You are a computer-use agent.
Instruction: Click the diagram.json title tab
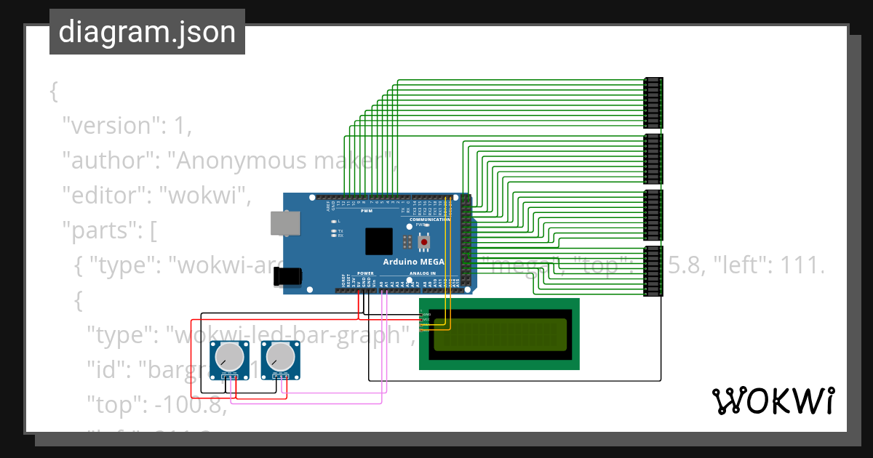(x=147, y=32)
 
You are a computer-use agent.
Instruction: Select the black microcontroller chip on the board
(x=379, y=241)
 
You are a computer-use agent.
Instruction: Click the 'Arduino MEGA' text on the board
(x=414, y=262)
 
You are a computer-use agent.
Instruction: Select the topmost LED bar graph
(x=653, y=103)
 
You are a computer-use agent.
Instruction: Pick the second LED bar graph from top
(x=653, y=158)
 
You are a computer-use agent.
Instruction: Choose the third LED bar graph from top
(x=653, y=214)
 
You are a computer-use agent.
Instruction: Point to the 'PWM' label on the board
(x=367, y=212)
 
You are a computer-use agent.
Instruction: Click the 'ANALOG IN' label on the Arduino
(x=423, y=273)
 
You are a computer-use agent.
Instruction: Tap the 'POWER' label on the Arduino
(x=365, y=273)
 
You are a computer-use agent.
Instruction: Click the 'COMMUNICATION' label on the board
(x=430, y=219)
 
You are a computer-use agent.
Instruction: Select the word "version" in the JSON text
(x=109, y=126)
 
